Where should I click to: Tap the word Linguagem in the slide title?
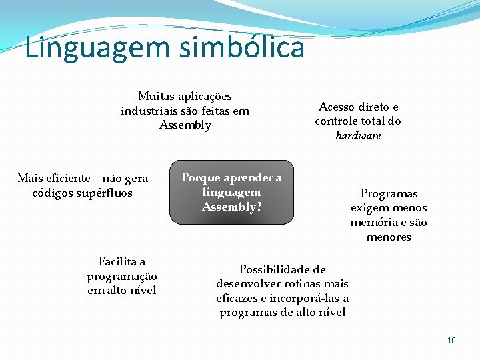click(87, 48)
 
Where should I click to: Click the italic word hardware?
click(358, 135)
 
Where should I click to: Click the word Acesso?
click(337, 107)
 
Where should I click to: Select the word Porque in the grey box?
click(201, 177)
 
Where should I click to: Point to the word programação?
click(122, 275)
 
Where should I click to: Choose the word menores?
click(389, 237)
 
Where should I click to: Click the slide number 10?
click(451, 341)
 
